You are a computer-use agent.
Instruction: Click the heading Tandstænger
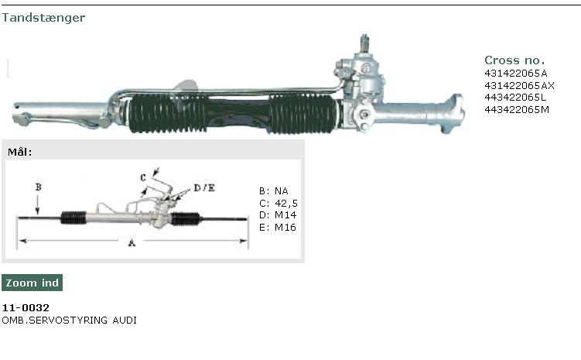[43, 18]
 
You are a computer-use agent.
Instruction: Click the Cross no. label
[514, 60]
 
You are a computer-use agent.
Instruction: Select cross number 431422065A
[515, 73]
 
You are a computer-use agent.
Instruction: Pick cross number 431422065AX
[519, 85]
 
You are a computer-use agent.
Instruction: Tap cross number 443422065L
[515, 98]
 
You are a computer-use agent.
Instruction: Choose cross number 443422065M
[517, 110]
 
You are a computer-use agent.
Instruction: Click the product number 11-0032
[26, 307]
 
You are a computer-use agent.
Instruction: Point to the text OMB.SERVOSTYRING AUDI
[70, 320]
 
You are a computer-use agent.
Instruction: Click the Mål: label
[19, 152]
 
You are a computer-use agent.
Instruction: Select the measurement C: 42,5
[279, 204]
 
